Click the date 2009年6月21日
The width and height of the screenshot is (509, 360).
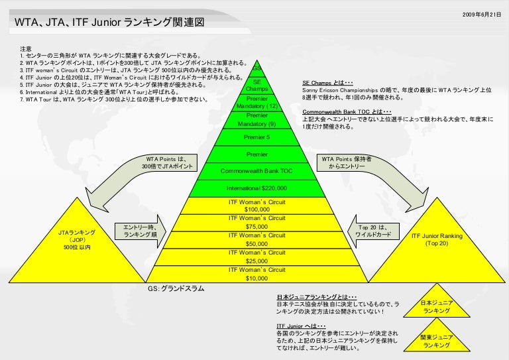pos(482,14)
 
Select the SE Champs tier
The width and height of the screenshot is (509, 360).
pos(256,85)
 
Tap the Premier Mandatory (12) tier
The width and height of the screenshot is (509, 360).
pos(256,102)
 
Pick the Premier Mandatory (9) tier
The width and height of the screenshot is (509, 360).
pos(256,120)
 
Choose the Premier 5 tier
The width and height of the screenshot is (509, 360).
pos(256,137)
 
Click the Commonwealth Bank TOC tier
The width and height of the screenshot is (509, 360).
pos(256,171)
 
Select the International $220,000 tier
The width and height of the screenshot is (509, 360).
pos(256,188)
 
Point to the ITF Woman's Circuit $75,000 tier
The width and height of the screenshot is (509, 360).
pos(256,222)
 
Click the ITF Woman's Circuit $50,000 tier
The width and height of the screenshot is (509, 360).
pos(256,239)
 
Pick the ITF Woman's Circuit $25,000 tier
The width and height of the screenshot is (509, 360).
pos(256,257)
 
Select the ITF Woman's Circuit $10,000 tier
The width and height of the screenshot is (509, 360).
pos(256,274)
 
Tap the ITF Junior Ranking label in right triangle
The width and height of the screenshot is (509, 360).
pos(437,239)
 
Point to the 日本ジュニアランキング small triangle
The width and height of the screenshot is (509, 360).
pos(437,307)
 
